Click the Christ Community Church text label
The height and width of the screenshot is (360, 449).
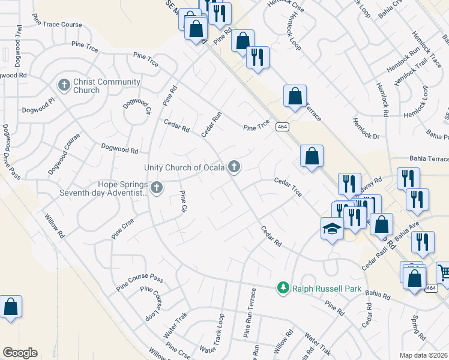point(107,86)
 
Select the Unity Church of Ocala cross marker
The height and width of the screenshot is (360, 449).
point(234,167)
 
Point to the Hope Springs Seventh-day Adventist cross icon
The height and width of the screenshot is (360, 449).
point(156,188)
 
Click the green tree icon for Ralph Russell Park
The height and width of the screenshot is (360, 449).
point(283,289)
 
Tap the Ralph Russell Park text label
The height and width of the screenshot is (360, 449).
point(327,289)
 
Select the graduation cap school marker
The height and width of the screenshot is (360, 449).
point(332,229)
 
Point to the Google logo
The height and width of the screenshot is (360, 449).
point(20,352)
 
